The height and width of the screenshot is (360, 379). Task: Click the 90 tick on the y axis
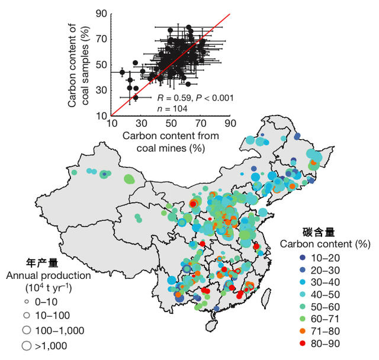(x=101, y=14)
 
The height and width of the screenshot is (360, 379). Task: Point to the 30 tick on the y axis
(x=101, y=90)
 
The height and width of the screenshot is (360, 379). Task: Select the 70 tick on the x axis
(x=201, y=124)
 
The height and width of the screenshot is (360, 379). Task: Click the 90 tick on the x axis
(x=230, y=124)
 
